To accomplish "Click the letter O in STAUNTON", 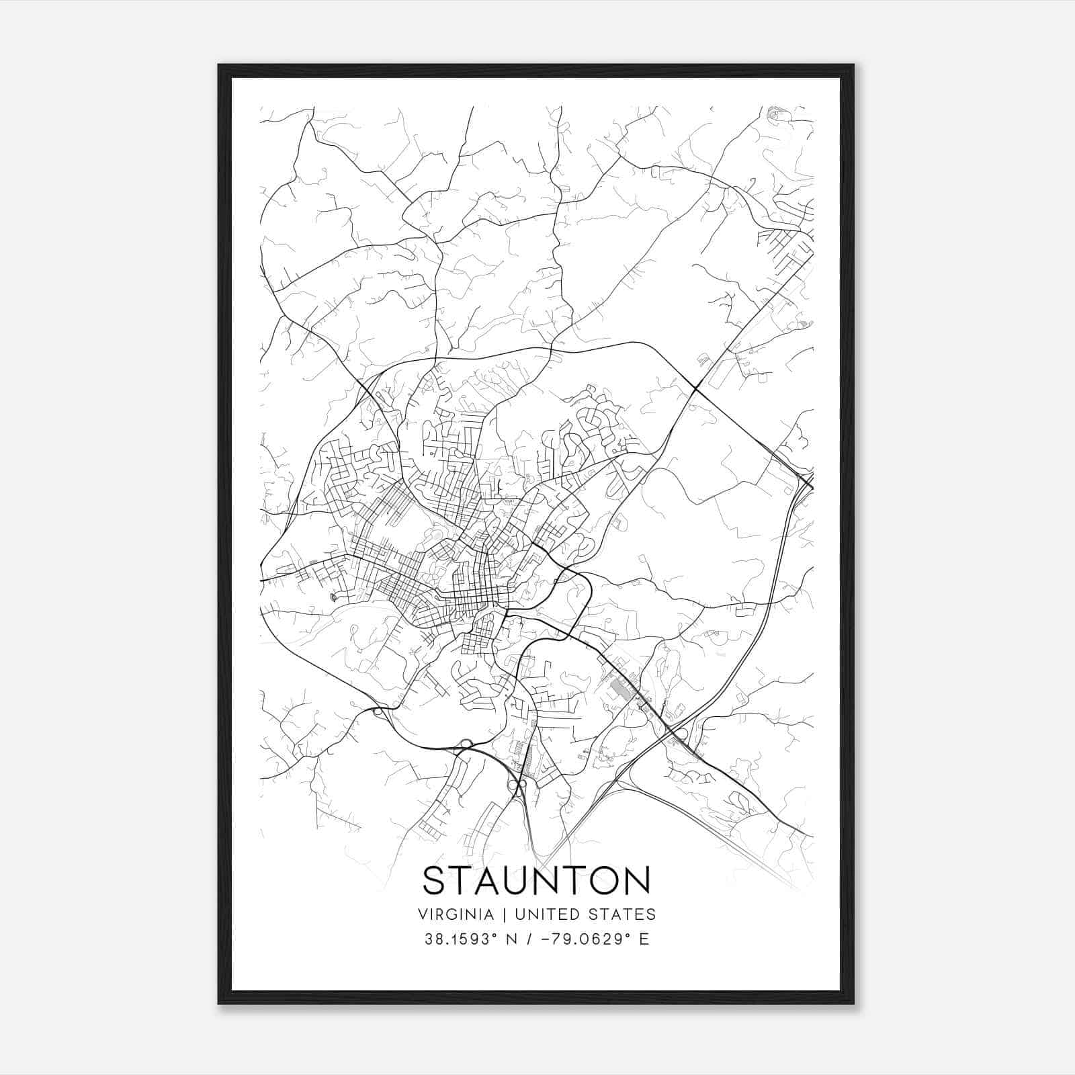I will click(603, 880).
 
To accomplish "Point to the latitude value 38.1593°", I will click(460, 939).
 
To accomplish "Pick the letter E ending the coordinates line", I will click(644, 939).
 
